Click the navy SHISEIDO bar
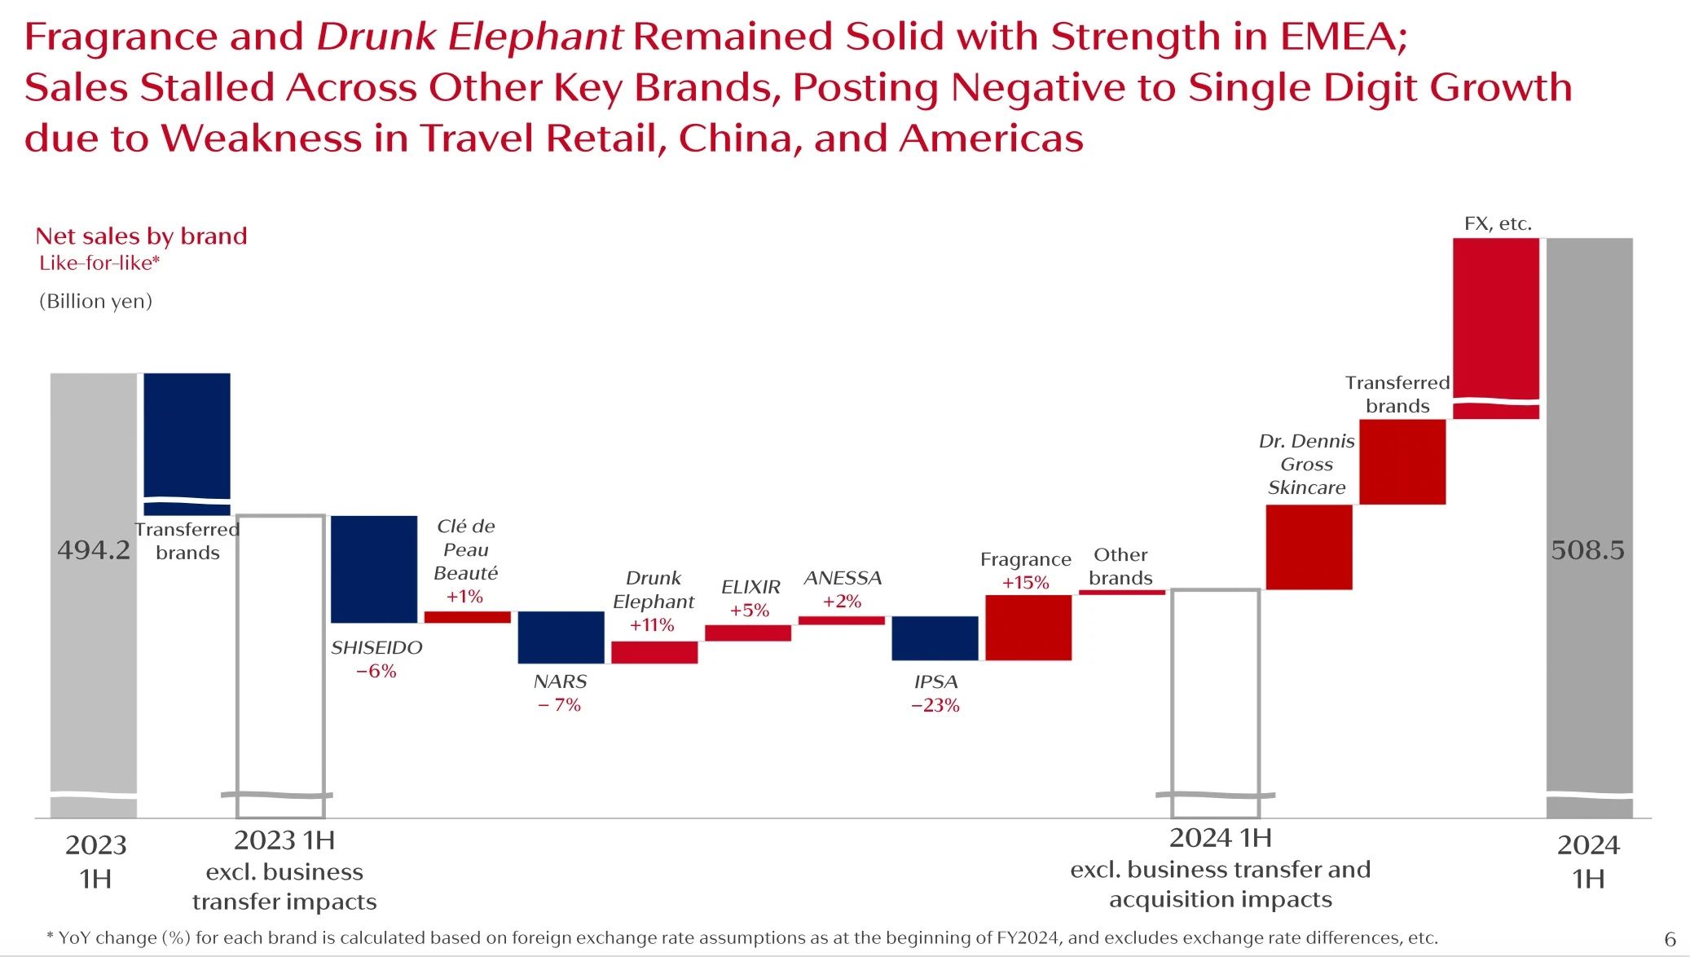tap(374, 569)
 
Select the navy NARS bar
tap(561, 637)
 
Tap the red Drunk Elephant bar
tap(654, 652)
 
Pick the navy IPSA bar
tap(935, 637)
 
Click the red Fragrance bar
tap(1028, 627)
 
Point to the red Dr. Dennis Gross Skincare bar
tap(1309, 547)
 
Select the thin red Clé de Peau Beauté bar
tap(468, 617)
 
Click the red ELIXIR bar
tap(748, 633)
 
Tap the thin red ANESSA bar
tap(842, 620)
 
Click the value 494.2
tap(94, 550)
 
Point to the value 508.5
tap(1587, 550)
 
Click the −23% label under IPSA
tap(935, 705)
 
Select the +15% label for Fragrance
tap(1026, 583)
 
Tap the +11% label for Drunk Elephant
tap(652, 625)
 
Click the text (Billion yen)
tap(96, 302)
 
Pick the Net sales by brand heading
tap(141, 236)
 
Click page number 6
tap(1670, 939)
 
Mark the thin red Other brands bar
tap(1122, 592)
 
